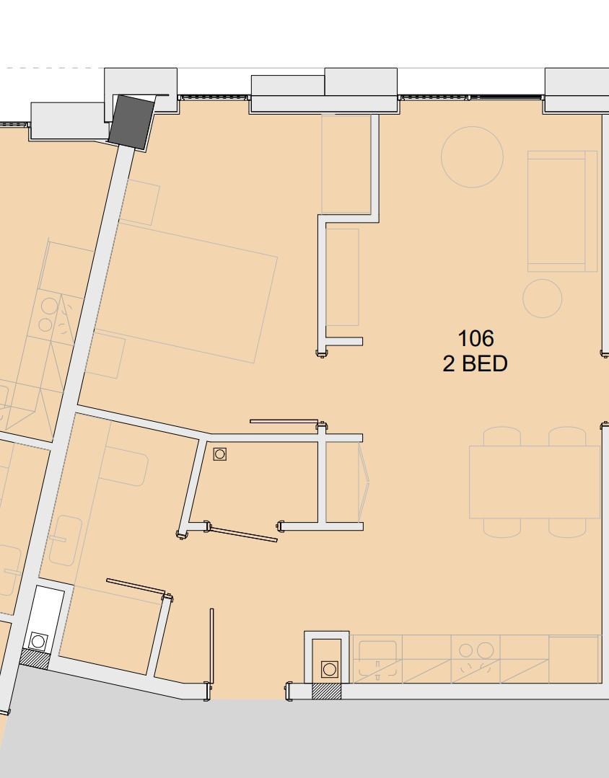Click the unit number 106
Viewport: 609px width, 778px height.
pyautogui.click(x=476, y=338)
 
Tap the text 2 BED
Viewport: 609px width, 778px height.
pyautogui.click(x=475, y=363)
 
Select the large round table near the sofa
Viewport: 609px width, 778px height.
pyautogui.click(x=472, y=157)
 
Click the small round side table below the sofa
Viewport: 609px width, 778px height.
pyautogui.click(x=542, y=298)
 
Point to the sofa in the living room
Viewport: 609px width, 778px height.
pyautogui.click(x=561, y=211)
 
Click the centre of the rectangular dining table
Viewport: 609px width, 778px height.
pyautogui.click(x=534, y=482)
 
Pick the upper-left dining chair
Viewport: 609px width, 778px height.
pyautogui.click(x=501, y=436)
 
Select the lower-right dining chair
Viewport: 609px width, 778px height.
pyautogui.click(x=567, y=528)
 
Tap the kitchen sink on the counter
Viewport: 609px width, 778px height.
pyautogui.click(x=378, y=659)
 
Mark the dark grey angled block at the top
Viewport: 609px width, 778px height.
pyautogui.click(x=132, y=122)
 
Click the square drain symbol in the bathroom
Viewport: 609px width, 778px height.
pyautogui.click(x=220, y=454)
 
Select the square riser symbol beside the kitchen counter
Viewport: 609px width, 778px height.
pyautogui.click(x=330, y=669)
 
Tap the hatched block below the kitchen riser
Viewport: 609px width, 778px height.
pyautogui.click(x=325, y=691)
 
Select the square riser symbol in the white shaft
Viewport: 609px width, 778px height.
pyautogui.click(x=38, y=640)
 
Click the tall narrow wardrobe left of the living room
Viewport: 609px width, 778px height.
pyautogui.click(x=343, y=277)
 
